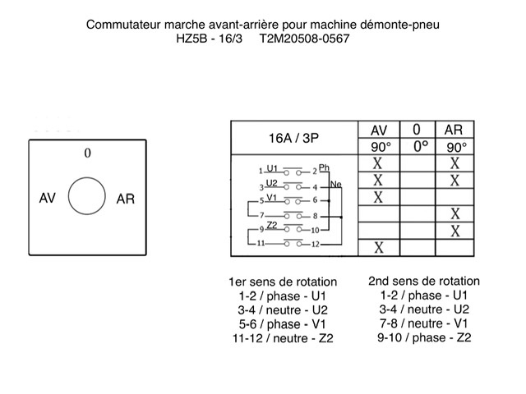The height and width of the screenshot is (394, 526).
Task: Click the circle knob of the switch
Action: click(87, 197)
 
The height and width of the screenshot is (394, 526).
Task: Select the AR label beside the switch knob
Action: click(126, 199)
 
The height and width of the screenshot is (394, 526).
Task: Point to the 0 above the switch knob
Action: click(87, 153)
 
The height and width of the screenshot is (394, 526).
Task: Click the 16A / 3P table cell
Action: click(295, 138)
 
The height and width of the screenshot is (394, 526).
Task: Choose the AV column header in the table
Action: click(379, 130)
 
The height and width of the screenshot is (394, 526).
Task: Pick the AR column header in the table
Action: click(454, 130)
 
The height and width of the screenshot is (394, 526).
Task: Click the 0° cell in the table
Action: click(418, 146)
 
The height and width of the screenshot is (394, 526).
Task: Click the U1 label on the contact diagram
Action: click(273, 167)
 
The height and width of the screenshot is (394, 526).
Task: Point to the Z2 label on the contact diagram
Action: click(273, 224)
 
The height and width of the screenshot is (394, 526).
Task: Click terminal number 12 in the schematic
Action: click(315, 245)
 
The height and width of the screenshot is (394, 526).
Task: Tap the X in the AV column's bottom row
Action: click(379, 247)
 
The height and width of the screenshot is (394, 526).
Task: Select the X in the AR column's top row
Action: click(454, 163)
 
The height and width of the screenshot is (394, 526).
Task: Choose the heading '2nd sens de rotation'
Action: click(424, 281)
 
